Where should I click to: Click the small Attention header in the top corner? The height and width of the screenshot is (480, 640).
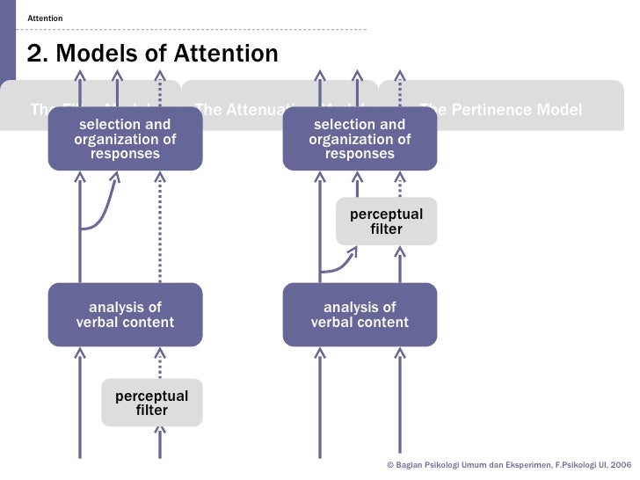pyautogui.click(x=45, y=18)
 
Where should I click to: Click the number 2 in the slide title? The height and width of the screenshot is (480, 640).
pyautogui.click(x=35, y=55)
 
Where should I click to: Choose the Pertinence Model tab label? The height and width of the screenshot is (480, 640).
pyautogui.click(x=500, y=110)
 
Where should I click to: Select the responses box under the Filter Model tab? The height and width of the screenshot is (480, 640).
pyautogui.click(x=125, y=140)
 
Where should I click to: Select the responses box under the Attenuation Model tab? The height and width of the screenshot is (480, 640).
pyautogui.click(x=360, y=140)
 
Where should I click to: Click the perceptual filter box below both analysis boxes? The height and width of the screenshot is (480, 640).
pyautogui.click(x=151, y=403)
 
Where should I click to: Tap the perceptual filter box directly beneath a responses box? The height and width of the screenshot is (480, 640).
pyautogui.click(x=386, y=222)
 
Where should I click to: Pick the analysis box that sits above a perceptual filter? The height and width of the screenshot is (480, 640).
pyautogui.click(x=125, y=315)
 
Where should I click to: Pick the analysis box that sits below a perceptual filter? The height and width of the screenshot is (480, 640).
pyautogui.click(x=360, y=315)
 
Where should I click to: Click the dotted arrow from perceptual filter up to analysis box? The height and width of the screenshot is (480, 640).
pyautogui.click(x=159, y=362)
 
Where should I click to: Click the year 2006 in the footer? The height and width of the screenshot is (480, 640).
pyautogui.click(x=621, y=463)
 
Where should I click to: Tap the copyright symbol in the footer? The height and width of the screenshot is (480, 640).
pyautogui.click(x=390, y=463)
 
